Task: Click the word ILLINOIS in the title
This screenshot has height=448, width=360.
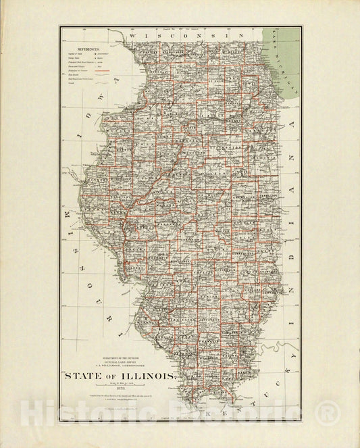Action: tap(145, 376)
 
